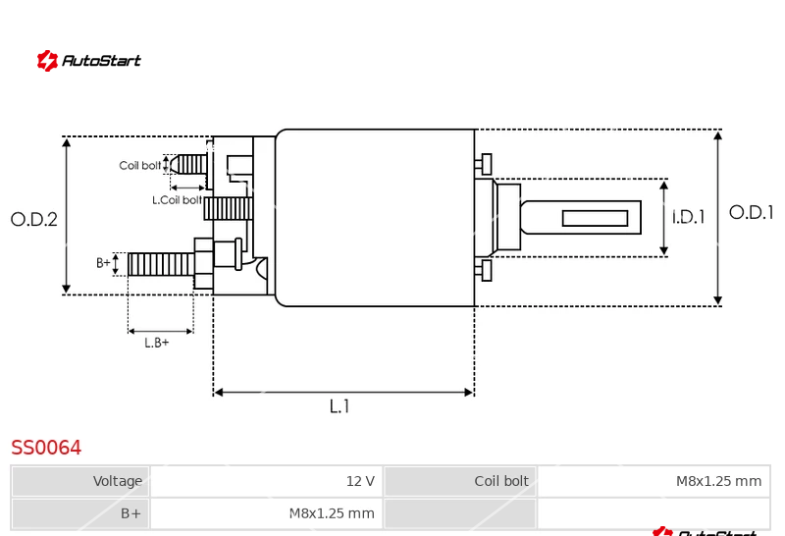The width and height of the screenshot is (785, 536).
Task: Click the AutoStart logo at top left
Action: point(88,61)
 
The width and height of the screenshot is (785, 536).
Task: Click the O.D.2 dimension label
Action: point(34,220)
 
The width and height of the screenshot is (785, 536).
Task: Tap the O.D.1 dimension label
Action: point(751,212)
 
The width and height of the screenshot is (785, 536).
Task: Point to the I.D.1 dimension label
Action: point(689,217)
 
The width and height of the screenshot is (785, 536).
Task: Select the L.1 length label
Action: point(340,406)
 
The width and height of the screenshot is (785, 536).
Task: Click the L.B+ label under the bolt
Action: point(157,343)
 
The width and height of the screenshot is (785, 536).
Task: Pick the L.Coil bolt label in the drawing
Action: point(177,200)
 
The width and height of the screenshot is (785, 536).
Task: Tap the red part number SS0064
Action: point(46,448)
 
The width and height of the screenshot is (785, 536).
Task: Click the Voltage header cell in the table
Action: point(80,481)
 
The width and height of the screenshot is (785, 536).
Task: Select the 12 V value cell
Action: point(267,481)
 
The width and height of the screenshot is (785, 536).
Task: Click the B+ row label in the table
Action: point(80,513)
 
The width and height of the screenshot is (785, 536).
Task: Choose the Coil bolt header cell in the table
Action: point(460,481)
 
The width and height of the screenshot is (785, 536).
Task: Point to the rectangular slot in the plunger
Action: point(595,218)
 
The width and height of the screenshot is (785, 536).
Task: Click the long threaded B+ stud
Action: point(161,264)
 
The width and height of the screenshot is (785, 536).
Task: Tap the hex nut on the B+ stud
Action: point(204,263)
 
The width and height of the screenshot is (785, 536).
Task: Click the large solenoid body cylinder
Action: point(375,217)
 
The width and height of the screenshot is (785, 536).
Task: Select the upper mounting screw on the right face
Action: point(483,164)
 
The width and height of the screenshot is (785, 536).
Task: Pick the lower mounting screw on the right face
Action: point(483,271)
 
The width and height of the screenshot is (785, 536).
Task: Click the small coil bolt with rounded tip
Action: point(188,164)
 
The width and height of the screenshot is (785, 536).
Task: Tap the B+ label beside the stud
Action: point(103,263)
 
